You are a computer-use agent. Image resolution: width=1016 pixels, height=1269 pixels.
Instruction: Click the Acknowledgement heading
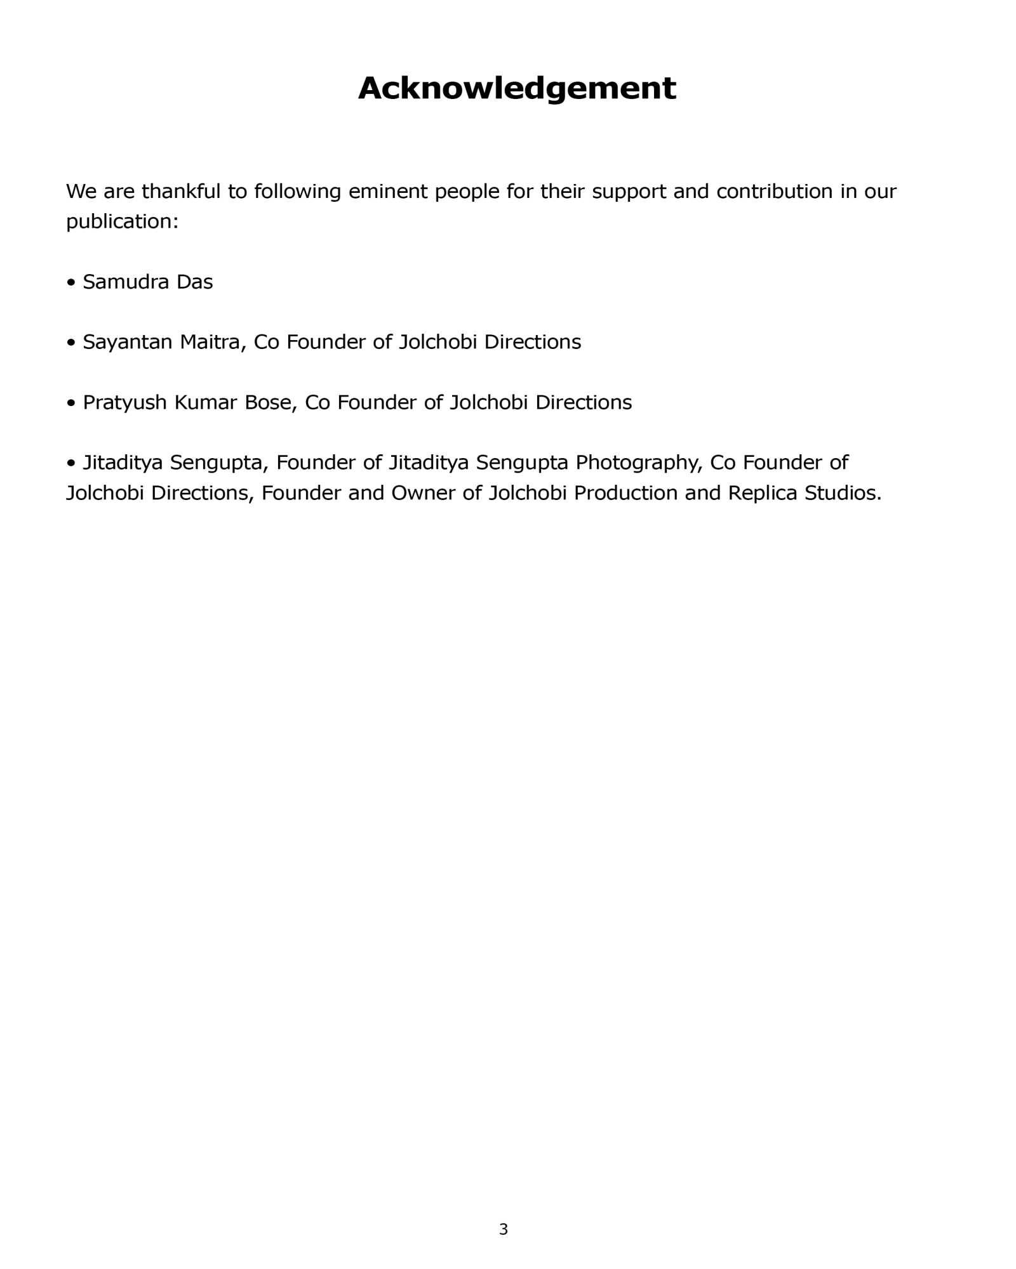517,88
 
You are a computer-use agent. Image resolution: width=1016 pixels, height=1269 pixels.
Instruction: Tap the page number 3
504,1229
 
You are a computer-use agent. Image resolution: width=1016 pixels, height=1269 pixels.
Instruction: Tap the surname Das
194,282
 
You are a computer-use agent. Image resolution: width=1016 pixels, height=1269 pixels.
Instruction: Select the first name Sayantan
128,342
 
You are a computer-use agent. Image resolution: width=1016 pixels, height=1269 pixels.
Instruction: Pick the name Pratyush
124,402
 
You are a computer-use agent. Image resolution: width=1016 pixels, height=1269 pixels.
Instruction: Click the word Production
625,493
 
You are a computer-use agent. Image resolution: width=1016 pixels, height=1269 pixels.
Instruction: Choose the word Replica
762,493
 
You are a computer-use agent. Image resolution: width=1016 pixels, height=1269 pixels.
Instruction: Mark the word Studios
842,493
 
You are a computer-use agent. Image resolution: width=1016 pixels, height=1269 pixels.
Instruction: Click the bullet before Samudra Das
71,282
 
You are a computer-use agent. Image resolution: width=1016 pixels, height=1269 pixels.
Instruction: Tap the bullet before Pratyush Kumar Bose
71,402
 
